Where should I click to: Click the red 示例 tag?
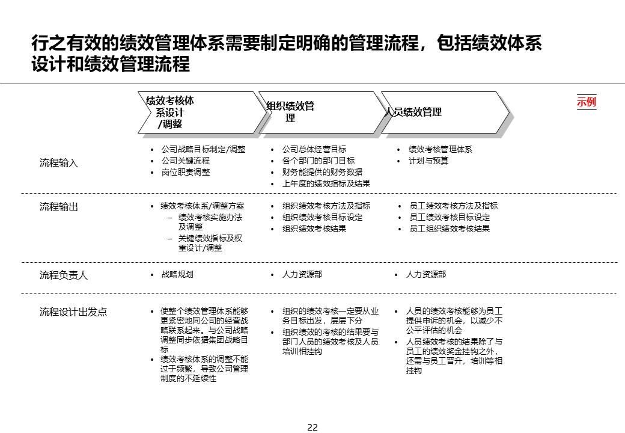point(586,102)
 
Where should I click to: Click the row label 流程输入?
point(59,163)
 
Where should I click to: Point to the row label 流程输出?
point(59,207)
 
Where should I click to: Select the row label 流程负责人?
point(64,275)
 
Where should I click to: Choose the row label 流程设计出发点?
point(73,312)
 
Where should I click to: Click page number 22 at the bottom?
point(312,428)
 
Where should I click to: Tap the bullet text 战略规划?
point(177,274)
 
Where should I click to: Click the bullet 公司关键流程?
point(186,161)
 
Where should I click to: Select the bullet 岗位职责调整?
point(186,172)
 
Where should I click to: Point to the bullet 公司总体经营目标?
point(314,149)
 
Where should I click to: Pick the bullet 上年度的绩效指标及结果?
point(326,183)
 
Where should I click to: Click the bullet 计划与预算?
point(428,161)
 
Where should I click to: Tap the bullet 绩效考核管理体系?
point(441,149)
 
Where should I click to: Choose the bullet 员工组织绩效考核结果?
point(450,229)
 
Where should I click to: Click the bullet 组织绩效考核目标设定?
point(323,217)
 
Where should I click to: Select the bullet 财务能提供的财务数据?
point(323,172)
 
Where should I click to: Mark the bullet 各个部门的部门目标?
point(319,161)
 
